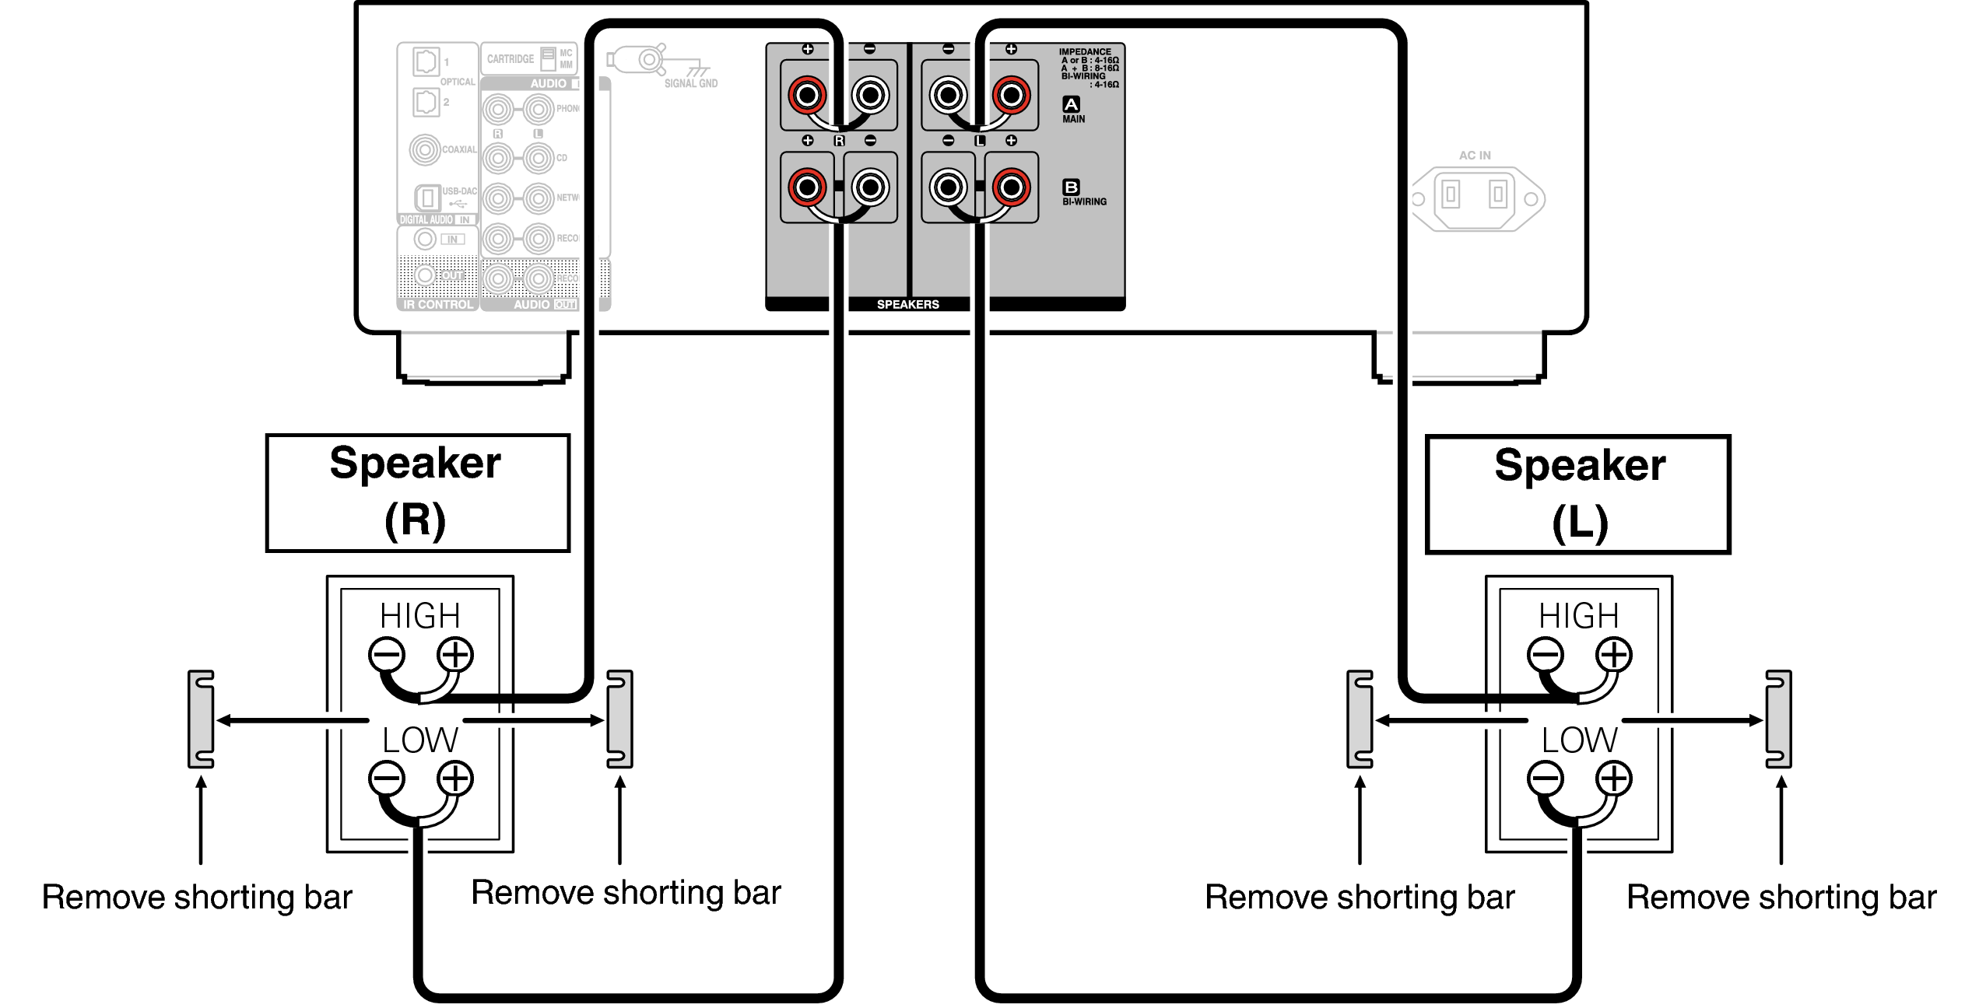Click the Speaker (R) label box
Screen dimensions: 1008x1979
point(417,493)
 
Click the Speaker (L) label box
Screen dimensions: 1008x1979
point(1577,495)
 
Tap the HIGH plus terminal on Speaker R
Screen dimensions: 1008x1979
point(455,654)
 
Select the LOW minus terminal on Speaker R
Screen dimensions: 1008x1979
point(387,779)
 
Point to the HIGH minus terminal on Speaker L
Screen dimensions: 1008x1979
point(1546,654)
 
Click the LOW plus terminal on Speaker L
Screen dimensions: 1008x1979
point(1614,779)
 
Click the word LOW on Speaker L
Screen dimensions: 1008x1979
point(1580,740)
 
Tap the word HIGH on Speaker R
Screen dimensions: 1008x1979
point(420,616)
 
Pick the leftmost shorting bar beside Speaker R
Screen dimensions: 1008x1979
point(201,719)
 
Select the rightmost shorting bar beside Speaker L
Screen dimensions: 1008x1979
point(1779,719)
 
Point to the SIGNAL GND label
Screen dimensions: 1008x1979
point(691,83)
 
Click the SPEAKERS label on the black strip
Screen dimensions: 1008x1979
point(907,304)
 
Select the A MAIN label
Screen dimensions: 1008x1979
point(1072,110)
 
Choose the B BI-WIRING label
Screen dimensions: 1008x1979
point(1083,193)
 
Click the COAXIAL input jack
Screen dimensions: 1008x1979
point(425,149)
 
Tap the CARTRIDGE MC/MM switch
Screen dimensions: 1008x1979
point(549,59)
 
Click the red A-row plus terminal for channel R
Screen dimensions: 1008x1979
point(807,96)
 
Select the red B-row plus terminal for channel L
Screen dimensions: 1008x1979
point(1011,187)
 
